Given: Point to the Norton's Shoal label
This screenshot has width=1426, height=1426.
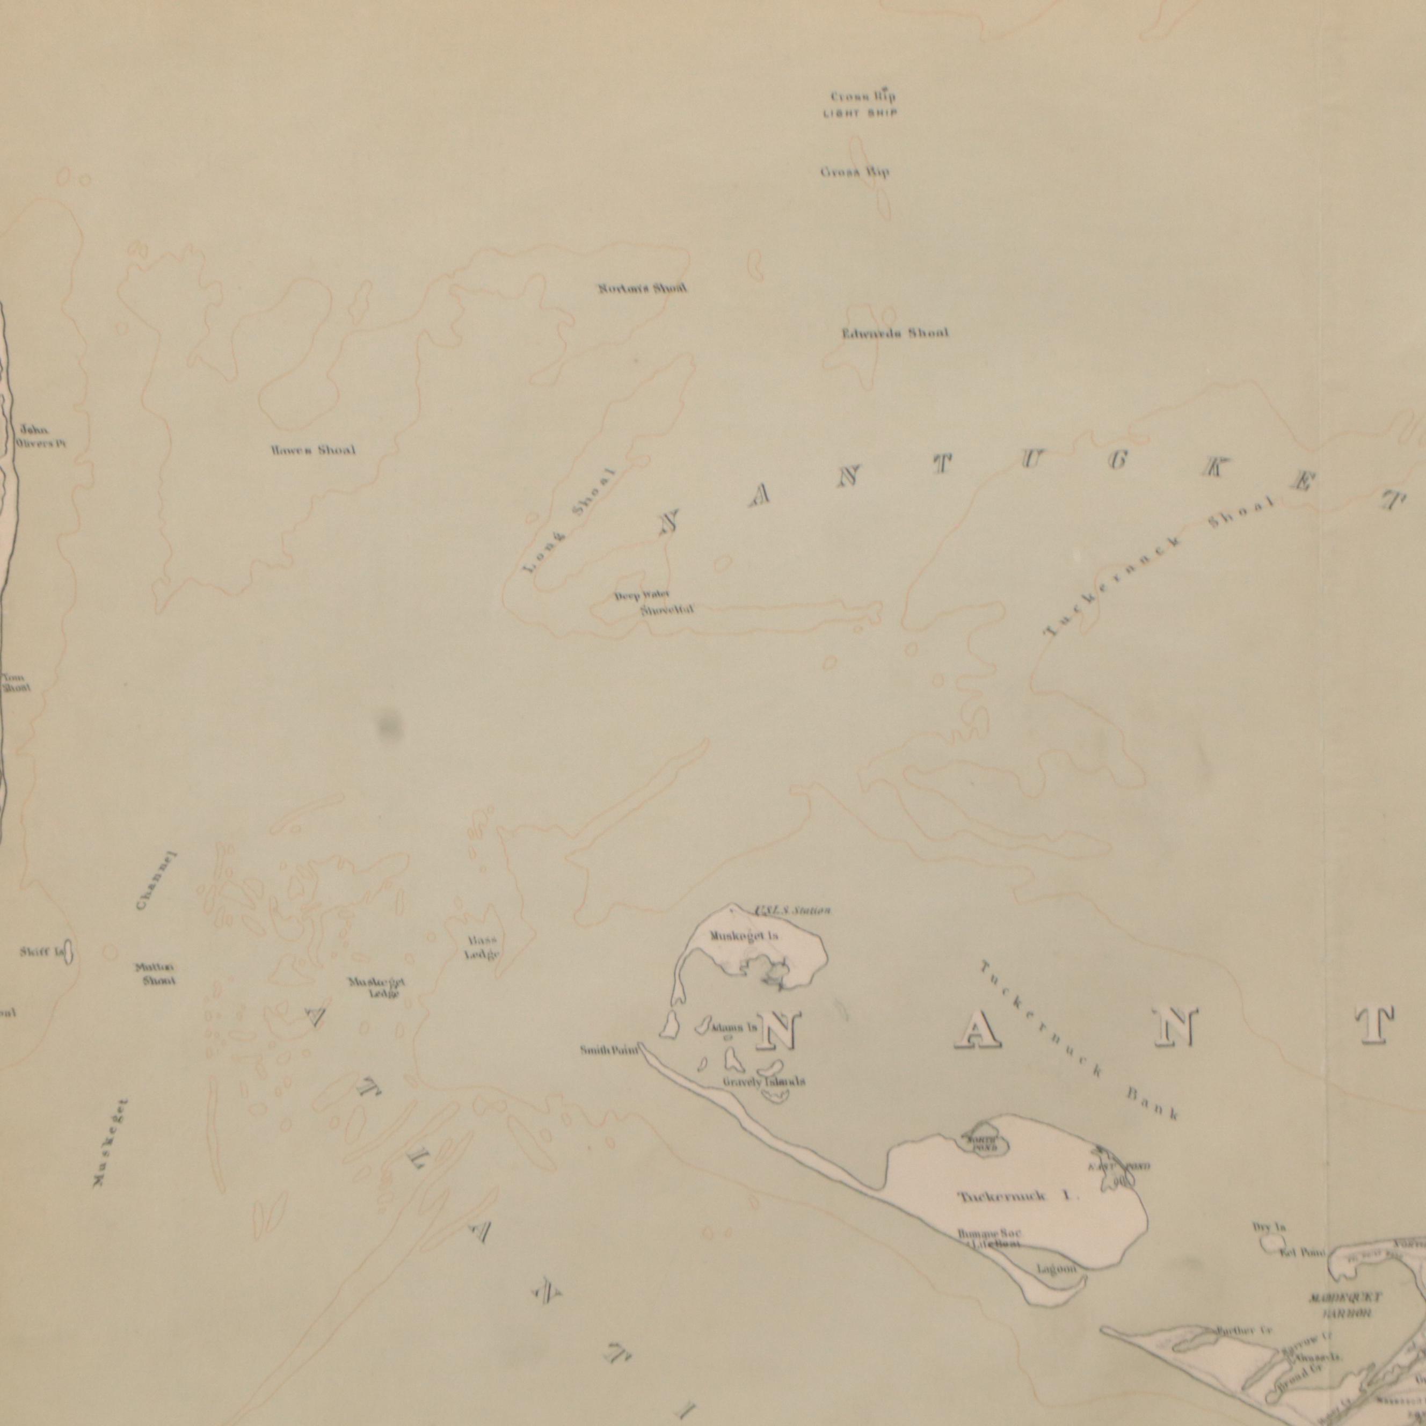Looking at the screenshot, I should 642,288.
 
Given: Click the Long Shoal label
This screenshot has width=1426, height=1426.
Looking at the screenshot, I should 569,520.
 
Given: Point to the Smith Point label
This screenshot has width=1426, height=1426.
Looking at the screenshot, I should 608,1050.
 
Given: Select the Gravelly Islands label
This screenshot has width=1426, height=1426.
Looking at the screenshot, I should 764,1082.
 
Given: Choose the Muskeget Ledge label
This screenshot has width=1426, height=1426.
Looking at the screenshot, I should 376,987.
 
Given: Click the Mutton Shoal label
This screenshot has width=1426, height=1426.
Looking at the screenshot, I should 155,973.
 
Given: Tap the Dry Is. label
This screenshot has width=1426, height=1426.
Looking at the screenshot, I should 1269,1227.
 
